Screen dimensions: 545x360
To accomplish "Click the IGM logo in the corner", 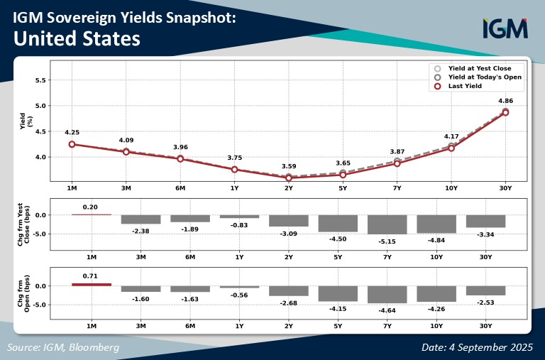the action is pyautogui.click(x=505, y=28).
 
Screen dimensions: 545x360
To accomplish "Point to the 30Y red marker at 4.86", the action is pyautogui.click(x=505, y=112).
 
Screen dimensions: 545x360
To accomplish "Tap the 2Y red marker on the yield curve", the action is pyautogui.click(x=289, y=178).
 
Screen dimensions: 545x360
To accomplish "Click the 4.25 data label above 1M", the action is pyautogui.click(x=72, y=132).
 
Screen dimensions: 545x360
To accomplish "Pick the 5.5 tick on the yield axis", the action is pyautogui.click(x=40, y=80).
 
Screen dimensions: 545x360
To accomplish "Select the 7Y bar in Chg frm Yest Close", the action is pyautogui.click(x=387, y=224).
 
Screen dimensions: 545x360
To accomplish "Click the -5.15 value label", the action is pyautogui.click(x=387, y=241).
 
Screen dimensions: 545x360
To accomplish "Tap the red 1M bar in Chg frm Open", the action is pyautogui.click(x=92, y=285).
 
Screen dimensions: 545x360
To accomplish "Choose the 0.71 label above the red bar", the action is pyautogui.click(x=90, y=276).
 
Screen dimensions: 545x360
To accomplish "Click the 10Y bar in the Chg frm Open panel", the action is pyautogui.click(x=436, y=294).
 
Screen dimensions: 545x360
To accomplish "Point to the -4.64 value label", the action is pyautogui.click(x=387, y=310).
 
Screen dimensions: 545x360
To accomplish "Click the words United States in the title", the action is pyautogui.click(x=77, y=38).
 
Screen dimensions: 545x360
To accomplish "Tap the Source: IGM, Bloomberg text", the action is pyautogui.click(x=63, y=347).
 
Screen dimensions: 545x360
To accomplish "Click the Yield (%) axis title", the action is pyautogui.click(x=26, y=121).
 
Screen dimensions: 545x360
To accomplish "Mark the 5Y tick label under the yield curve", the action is pyautogui.click(x=343, y=188).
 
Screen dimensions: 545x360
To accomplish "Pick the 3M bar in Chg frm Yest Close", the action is pyautogui.click(x=141, y=219).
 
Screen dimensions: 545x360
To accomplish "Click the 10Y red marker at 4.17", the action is pyautogui.click(x=451, y=148).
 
